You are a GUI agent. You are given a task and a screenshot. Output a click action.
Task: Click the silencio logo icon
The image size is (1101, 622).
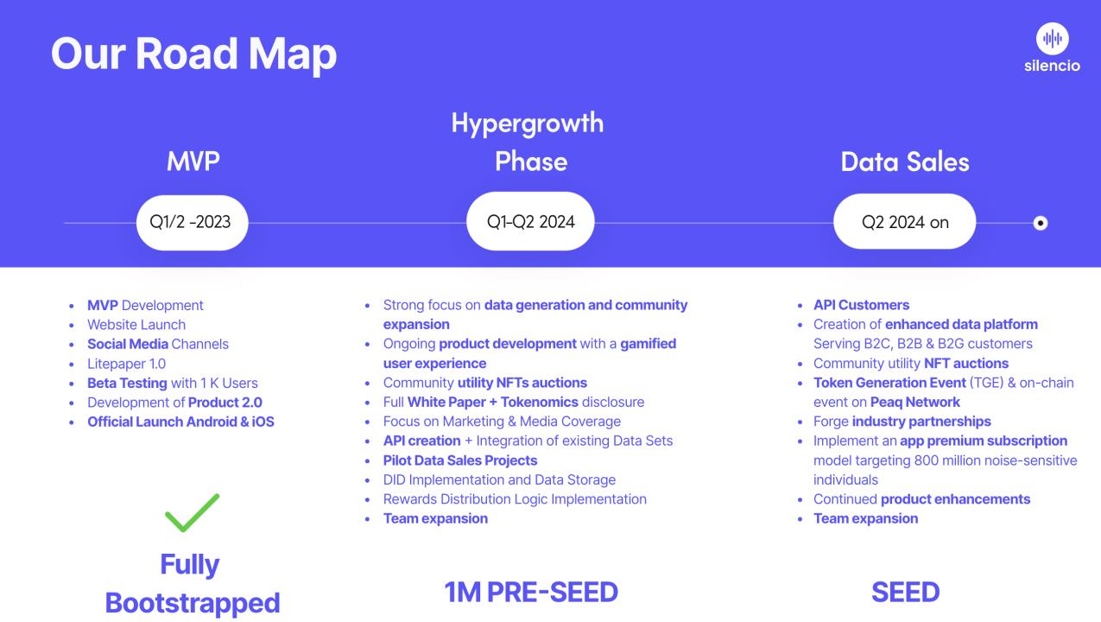tap(1053, 38)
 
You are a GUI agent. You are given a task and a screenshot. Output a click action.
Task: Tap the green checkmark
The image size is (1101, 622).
tap(193, 513)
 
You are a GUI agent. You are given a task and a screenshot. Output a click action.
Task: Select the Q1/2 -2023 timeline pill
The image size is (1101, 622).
tap(193, 223)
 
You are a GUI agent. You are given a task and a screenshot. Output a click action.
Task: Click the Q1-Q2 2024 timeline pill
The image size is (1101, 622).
tap(530, 221)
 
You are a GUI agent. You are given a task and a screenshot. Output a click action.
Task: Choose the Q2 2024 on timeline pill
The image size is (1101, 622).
tap(904, 221)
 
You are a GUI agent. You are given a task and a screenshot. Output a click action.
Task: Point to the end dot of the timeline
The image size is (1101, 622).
tap(1040, 223)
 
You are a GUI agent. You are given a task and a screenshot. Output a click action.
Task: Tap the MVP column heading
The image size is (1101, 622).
tap(193, 162)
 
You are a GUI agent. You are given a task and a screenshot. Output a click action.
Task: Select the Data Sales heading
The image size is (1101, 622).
tap(905, 162)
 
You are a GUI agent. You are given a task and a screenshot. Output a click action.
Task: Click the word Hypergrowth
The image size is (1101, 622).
tap(528, 124)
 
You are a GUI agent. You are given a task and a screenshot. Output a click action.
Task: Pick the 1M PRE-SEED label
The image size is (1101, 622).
tap(531, 592)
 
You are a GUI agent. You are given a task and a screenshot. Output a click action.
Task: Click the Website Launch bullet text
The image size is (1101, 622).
tap(136, 325)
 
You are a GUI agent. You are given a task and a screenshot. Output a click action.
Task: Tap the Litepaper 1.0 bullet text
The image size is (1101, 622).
tap(126, 364)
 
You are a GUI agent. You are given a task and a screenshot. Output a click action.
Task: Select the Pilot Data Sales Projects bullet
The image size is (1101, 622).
tap(460, 460)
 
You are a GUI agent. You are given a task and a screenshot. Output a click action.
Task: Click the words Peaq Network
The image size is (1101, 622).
tap(914, 403)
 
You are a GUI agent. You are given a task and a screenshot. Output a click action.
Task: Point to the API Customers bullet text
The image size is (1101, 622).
tap(861, 305)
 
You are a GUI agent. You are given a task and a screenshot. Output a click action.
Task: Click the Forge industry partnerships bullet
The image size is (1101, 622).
tap(902, 422)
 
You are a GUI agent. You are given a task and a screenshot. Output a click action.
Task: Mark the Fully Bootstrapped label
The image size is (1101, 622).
tap(193, 584)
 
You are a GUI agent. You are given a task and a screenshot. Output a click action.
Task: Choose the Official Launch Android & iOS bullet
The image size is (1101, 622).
tap(180, 422)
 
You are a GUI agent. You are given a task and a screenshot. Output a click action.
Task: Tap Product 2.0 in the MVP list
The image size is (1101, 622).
tap(225, 403)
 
